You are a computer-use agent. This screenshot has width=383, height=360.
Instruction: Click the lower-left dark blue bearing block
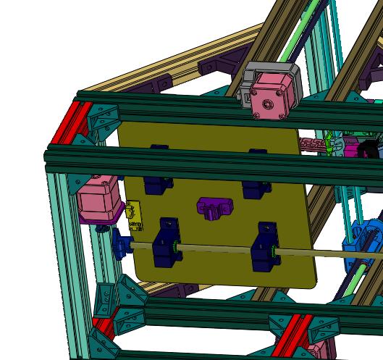pyautogui.click(x=166, y=244)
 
